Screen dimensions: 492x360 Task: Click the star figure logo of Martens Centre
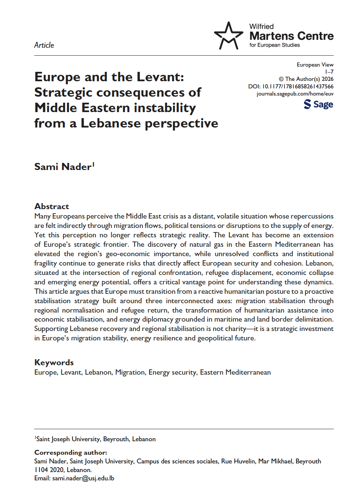click(x=228, y=36)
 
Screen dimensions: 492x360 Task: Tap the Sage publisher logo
click(x=318, y=104)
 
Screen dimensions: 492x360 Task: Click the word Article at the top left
click(x=44, y=45)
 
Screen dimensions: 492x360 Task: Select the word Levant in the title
click(x=159, y=77)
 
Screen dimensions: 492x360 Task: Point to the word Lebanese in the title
click(x=111, y=123)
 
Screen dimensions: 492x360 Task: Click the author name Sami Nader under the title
click(x=63, y=167)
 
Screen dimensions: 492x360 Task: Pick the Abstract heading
click(x=52, y=206)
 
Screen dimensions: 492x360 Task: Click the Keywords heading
click(x=54, y=362)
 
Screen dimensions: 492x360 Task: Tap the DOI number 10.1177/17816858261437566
click(x=298, y=87)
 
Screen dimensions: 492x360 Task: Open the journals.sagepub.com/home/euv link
click(x=295, y=94)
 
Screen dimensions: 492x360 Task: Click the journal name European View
click(x=315, y=65)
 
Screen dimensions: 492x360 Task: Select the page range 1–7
click(x=329, y=72)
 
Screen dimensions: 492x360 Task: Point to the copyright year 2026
click(x=327, y=79)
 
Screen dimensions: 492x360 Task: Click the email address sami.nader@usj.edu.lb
click(x=83, y=478)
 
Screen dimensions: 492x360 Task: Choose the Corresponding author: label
click(x=71, y=453)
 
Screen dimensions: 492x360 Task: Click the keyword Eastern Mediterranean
click(x=235, y=372)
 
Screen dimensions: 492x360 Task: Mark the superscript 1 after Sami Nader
click(x=94, y=164)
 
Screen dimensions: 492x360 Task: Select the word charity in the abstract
click(x=235, y=329)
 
